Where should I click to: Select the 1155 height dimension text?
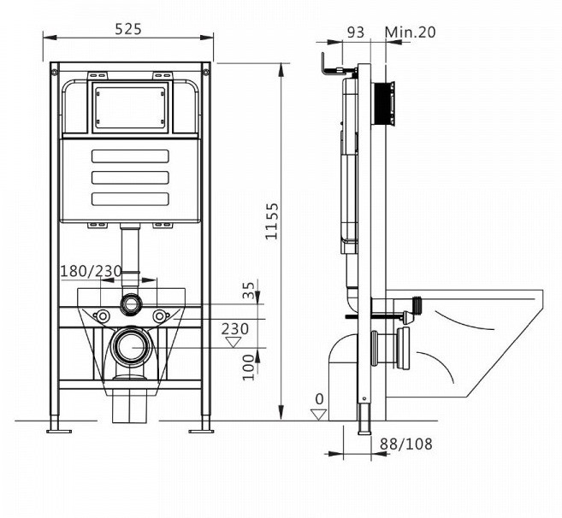(x=271, y=221)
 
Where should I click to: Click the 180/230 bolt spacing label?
(x=90, y=271)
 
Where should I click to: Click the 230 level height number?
(x=235, y=327)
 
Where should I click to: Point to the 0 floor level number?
(x=318, y=398)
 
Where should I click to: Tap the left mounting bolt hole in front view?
(x=103, y=315)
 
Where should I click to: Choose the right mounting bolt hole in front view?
(x=158, y=315)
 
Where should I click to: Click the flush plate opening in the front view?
(x=130, y=108)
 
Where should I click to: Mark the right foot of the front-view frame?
(x=205, y=426)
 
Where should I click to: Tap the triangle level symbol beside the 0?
(x=319, y=414)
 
